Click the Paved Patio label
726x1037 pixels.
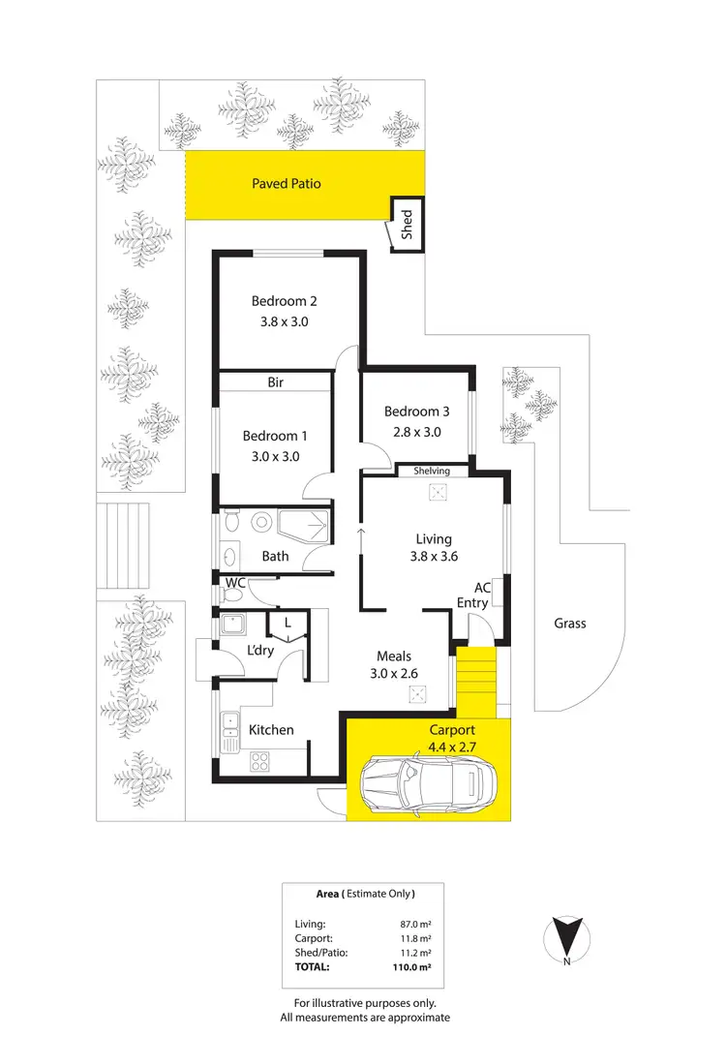click(286, 183)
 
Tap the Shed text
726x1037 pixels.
click(408, 225)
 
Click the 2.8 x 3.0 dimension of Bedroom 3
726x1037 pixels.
click(416, 432)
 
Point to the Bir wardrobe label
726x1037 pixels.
click(275, 382)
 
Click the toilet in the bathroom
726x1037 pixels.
click(229, 523)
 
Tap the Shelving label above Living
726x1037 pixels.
click(432, 471)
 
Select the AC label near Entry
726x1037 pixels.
click(481, 587)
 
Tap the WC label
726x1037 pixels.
click(233, 583)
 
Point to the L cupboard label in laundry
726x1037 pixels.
click(287, 623)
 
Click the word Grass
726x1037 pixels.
click(569, 624)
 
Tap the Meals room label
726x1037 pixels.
click(395, 657)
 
